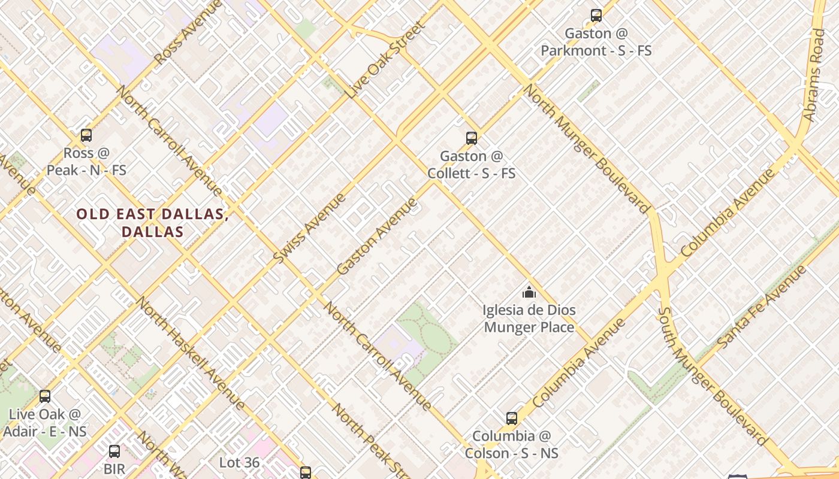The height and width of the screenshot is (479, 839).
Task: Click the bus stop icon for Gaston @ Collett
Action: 472,138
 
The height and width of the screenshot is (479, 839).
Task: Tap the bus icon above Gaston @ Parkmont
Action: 596,16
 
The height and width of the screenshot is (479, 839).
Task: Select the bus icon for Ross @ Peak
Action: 86,135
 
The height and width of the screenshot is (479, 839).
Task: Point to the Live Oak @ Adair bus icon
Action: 45,396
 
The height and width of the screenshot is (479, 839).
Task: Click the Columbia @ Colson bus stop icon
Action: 511,418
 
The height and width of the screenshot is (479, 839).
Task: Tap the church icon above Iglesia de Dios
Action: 529,292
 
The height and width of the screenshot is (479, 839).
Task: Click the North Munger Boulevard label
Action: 587,148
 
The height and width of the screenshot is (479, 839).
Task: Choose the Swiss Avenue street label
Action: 309,228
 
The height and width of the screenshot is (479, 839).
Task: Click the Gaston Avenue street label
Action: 376,237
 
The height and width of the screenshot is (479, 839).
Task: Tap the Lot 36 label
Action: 239,462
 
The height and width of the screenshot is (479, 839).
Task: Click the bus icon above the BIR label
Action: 114,451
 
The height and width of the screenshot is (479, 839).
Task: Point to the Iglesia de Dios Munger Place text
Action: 529,319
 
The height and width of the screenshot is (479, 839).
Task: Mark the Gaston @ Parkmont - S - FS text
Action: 596,42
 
